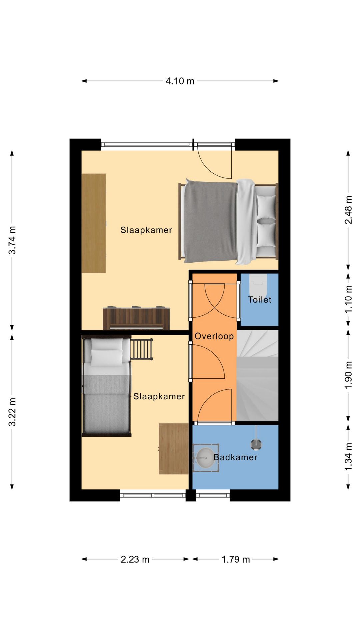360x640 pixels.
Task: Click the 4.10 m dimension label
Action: pyautogui.click(x=180, y=81)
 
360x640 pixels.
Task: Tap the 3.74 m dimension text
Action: pyautogui.click(x=12, y=240)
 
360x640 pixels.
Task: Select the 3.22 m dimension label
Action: pyautogui.click(x=12, y=412)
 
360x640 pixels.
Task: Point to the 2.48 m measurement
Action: pyautogui.click(x=348, y=210)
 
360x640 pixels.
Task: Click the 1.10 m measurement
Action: pyautogui.click(x=348, y=299)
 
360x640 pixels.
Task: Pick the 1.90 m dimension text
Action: pyautogui.click(x=348, y=375)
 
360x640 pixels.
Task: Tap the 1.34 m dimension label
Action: pyautogui.click(x=348, y=457)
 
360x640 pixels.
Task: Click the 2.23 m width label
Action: pyautogui.click(x=135, y=559)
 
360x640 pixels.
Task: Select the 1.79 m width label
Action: pyautogui.click(x=236, y=559)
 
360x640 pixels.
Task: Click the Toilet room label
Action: pyautogui.click(x=260, y=300)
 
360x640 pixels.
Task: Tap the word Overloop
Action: pyautogui.click(x=214, y=336)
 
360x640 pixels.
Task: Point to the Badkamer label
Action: pyautogui.click(x=235, y=457)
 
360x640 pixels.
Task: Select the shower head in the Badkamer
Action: pyautogui.click(x=256, y=444)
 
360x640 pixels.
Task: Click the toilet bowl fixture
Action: pyautogui.click(x=258, y=282)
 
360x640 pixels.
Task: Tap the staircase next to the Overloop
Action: pyautogui.click(x=257, y=376)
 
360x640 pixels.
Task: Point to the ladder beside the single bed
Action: pyautogui.click(x=142, y=349)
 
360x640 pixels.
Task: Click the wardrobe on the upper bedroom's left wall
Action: pyautogui.click(x=94, y=223)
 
